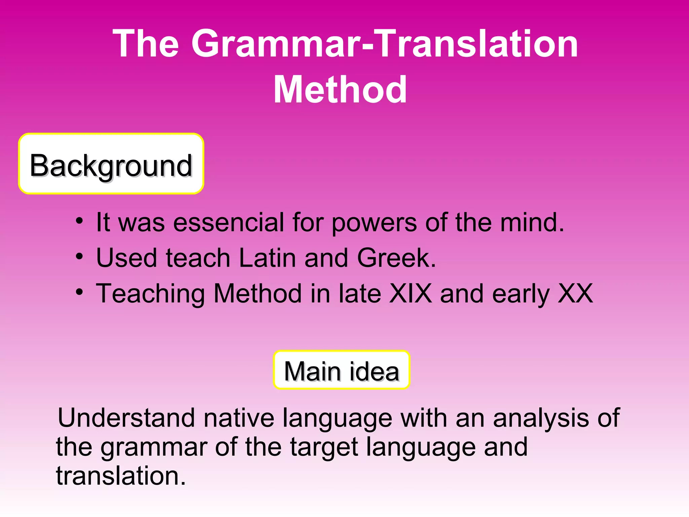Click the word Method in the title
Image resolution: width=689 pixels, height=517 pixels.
coord(340,90)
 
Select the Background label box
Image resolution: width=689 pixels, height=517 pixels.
coord(111,164)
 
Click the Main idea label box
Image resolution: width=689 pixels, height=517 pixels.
coord(341,370)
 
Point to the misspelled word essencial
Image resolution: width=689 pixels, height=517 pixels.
coord(229,222)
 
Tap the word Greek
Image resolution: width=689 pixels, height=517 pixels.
coord(396,258)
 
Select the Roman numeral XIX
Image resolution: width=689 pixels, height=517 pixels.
coord(410,294)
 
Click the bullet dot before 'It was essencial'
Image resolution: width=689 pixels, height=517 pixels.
coord(79,221)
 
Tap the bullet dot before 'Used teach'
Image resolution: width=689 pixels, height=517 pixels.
coord(79,257)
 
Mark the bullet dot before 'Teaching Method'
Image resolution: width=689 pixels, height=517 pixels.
coord(79,292)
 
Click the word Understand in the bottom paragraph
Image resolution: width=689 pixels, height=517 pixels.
coord(126,418)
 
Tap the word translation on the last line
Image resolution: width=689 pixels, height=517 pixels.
coord(120,476)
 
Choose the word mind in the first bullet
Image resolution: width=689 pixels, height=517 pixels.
coord(532,222)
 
